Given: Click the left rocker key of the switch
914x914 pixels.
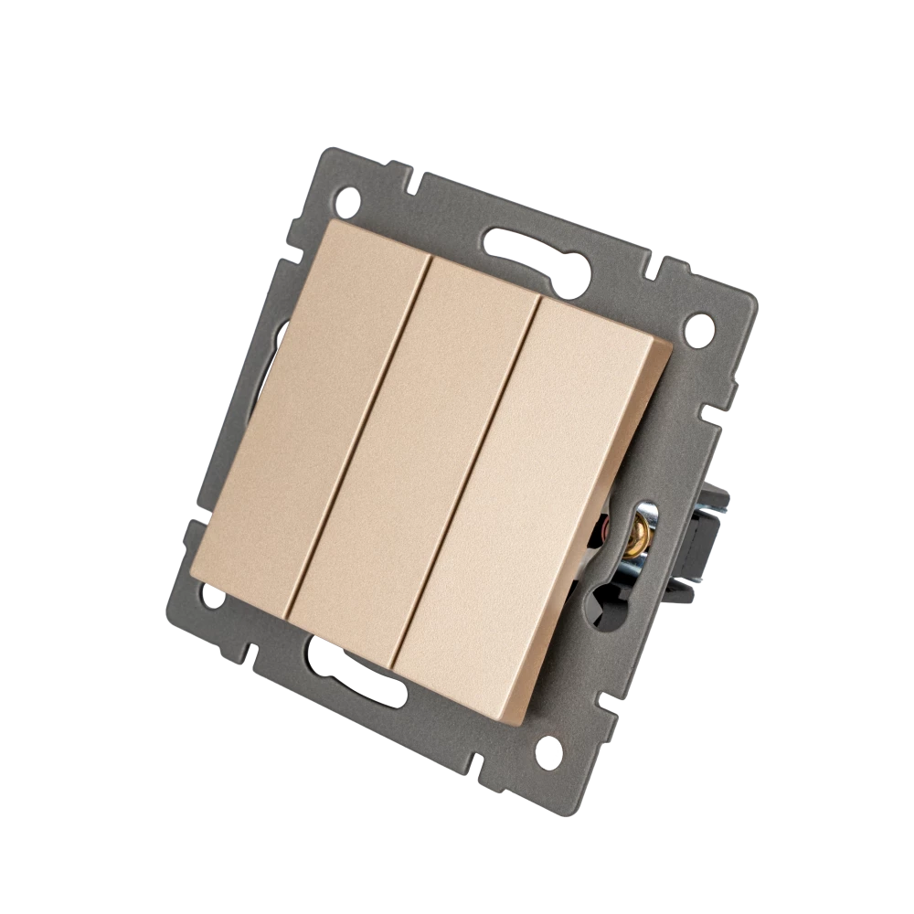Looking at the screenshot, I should click(x=306, y=402).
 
